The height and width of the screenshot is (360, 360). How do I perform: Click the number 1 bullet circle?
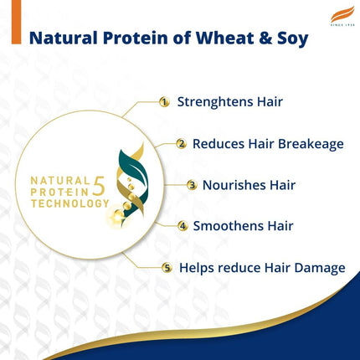click(164, 102)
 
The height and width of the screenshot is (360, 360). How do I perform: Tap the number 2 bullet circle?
click(181, 143)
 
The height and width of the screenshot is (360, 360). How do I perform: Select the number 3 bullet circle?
click(192, 184)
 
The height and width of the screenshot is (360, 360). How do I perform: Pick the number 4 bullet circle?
click(182, 225)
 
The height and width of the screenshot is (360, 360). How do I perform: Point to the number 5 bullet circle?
click(167, 268)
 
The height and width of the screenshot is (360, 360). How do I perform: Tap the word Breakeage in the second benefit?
click(311, 143)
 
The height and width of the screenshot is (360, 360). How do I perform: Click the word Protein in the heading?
click(138, 39)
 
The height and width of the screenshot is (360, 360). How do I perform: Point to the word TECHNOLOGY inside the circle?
click(69, 203)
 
